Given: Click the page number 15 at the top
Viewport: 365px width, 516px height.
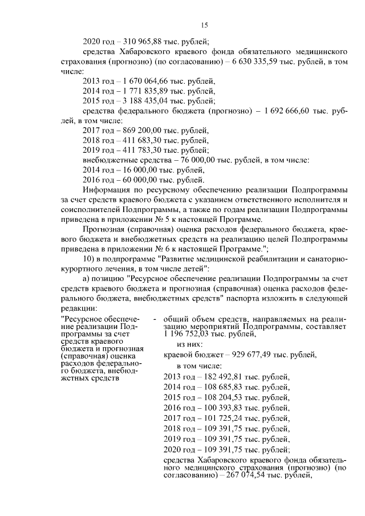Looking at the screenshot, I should click(205, 25).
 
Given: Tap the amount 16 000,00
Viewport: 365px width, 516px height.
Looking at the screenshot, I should click(136, 170).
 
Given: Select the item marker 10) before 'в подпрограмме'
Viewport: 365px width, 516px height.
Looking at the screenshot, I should click(90, 261).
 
